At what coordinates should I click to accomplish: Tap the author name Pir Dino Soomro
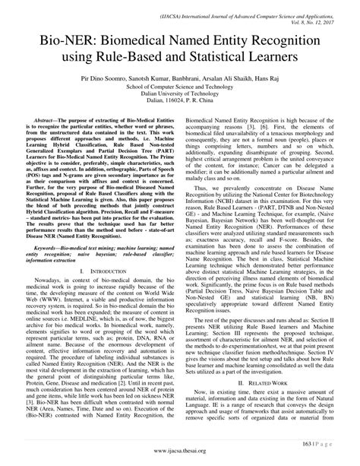click(115, 78)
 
